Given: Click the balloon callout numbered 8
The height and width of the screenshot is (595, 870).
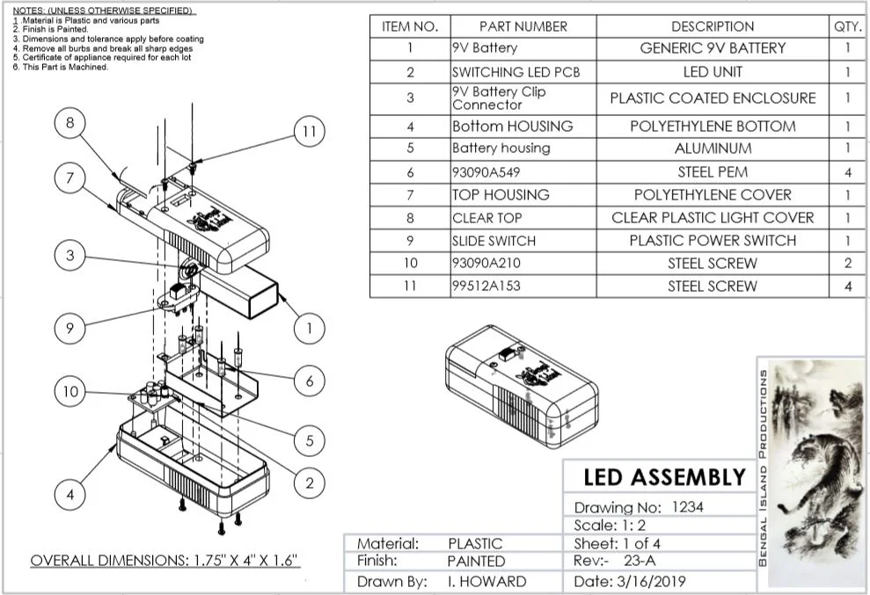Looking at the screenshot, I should (x=70, y=123).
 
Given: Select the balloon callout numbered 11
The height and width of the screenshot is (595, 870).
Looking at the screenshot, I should (x=308, y=132).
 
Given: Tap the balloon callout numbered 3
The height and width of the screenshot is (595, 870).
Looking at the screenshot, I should (x=70, y=256).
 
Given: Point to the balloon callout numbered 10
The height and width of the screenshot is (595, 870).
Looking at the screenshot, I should (x=70, y=391).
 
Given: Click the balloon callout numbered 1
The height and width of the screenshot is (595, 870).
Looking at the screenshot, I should (x=309, y=330).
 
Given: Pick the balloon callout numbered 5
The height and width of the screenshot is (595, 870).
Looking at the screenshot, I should (x=309, y=441).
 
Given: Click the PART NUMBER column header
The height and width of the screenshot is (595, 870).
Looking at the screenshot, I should (x=523, y=26).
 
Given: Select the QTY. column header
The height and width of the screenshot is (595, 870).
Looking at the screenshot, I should (x=848, y=26).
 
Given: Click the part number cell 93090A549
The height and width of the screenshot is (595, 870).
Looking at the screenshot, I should (x=523, y=172).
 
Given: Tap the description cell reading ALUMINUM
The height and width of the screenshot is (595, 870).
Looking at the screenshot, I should (x=713, y=149).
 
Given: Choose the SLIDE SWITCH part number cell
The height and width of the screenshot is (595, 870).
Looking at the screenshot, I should (x=523, y=240).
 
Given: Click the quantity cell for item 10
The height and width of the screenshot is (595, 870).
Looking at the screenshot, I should (x=848, y=263).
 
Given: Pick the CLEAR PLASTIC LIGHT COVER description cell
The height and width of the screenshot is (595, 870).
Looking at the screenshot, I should (x=713, y=217).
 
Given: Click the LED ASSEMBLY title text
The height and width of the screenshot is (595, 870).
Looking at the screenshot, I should (x=664, y=477).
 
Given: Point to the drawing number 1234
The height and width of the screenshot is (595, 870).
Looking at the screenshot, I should (x=686, y=506).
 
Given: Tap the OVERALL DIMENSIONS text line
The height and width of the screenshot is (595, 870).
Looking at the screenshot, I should (x=165, y=560).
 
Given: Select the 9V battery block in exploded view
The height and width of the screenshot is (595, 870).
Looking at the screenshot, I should (x=251, y=290).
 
